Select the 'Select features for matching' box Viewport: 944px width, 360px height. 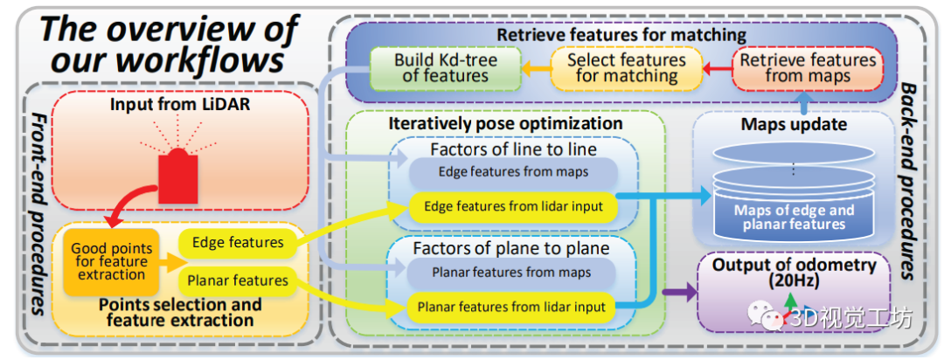(x=626, y=68)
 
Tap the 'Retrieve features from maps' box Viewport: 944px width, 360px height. (x=807, y=68)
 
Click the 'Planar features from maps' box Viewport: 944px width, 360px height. (x=512, y=273)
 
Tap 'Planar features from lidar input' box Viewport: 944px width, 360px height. (x=512, y=307)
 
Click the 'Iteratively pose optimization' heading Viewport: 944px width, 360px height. (x=505, y=123)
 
